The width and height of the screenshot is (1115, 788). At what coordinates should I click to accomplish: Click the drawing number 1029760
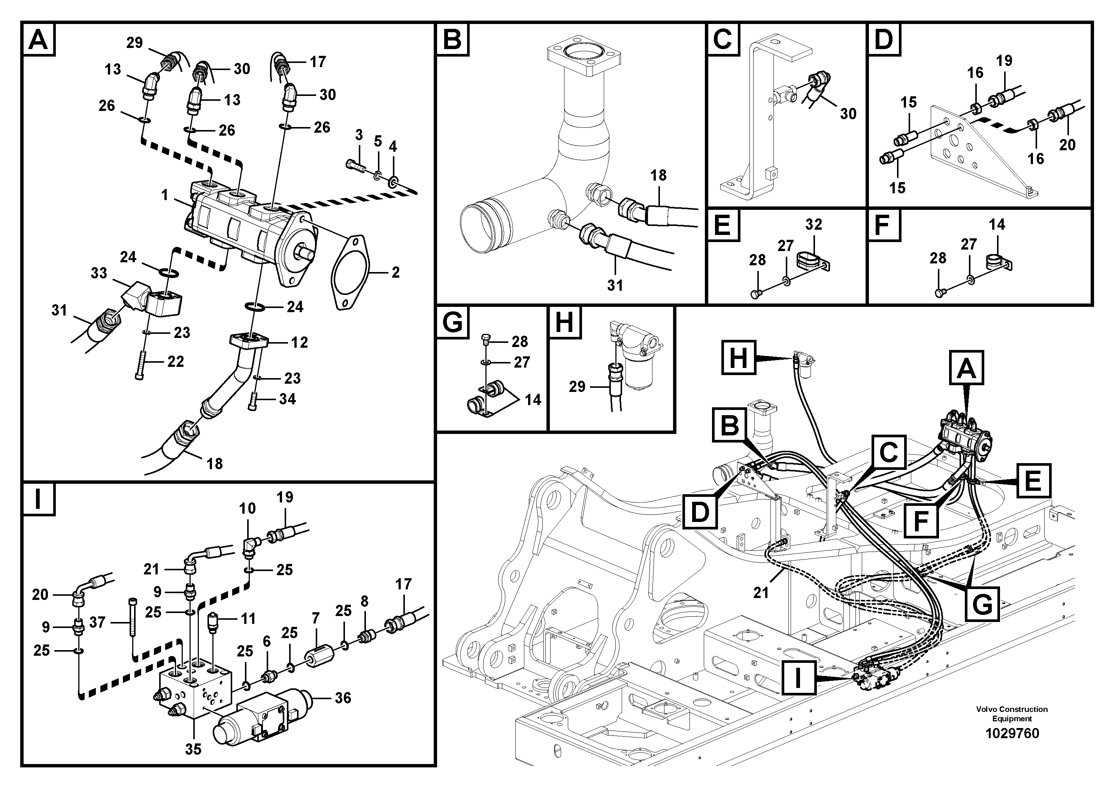pyautogui.click(x=1012, y=733)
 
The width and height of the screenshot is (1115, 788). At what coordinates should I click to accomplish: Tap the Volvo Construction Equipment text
pyautogui.click(x=1012, y=714)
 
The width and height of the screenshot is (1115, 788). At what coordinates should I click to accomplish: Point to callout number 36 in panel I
pyautogui.click(x=343, y=698)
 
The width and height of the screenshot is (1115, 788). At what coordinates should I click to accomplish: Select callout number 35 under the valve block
pyautogui.click(x=193, y=749)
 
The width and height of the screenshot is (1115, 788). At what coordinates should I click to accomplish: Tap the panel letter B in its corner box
pyautogui.click(x=452, y=39)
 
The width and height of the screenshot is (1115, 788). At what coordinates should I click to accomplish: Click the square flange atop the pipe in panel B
pyautogui.click(x=585, y=59)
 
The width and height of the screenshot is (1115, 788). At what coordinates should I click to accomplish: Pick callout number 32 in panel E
pyautogui.click(x=813, y=224)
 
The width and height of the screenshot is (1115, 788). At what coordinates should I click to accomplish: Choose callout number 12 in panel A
pyautogui.click(x=299, y=342)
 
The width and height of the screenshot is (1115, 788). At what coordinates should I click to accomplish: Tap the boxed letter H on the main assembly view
pyautogui.click(x=738, y=359)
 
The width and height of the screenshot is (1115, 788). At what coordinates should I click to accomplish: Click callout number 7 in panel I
pyautogui.click(x=316, y=619)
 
